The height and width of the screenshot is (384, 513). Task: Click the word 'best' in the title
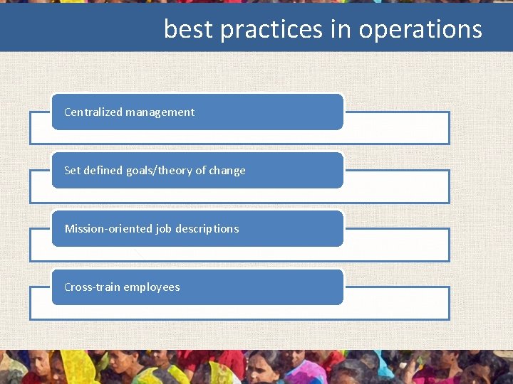[x=189, y=29]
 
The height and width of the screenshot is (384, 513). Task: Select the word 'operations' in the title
[x=420, y=29]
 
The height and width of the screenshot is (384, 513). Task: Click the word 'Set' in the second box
[x=72, y=170]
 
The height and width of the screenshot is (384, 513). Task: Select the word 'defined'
[x=103, y=170]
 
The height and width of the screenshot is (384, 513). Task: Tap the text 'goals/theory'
[x=158, y=170]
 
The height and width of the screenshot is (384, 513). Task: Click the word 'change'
[x=227, y=170]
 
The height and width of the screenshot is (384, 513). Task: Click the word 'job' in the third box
[x=164, y=228]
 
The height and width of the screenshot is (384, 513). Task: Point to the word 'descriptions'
[x=207, y=228]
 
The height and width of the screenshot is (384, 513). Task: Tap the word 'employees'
[x=152, y=287]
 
